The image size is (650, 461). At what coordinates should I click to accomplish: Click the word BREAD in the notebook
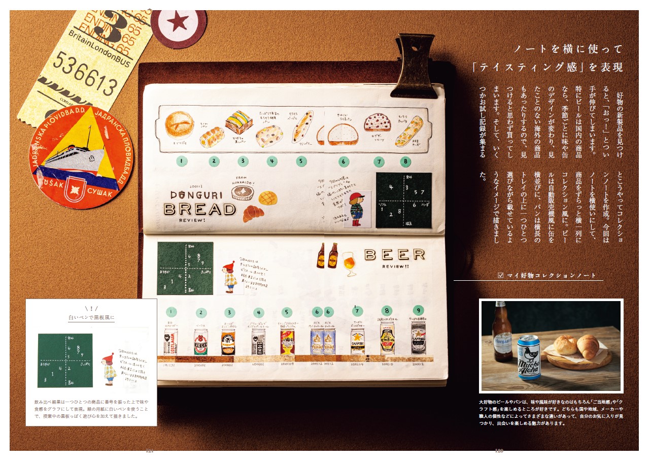(x=200, y=209)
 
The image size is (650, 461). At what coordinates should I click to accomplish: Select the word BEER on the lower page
(x=394, y=254)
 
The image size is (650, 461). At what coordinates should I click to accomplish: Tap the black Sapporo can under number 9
(x=418, y=338)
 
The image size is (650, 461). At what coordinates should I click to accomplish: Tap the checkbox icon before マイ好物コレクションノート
(x=501, y=275)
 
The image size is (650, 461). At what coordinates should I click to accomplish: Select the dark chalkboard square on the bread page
(x=403, y=200)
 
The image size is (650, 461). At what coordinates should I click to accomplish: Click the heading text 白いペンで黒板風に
(x=92, y=318)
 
